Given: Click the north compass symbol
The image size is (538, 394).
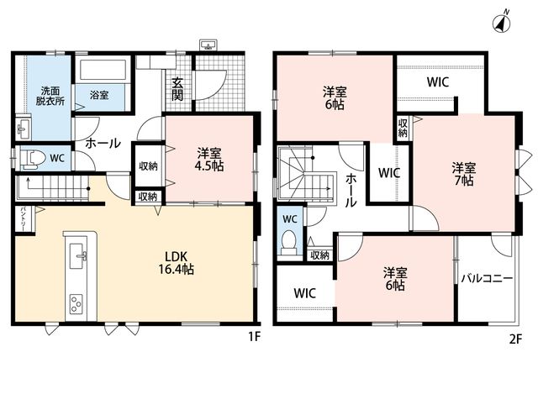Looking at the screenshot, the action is pyautogui.click(x=502, y=23).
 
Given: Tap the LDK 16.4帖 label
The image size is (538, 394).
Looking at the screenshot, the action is pyautogui.click(x=176, y=263).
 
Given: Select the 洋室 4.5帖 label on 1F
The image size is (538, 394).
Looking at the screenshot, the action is pyautogui.click(x=209, y=160).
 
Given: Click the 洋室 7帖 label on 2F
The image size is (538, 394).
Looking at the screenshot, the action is pyautogui.click(x=464, y=175).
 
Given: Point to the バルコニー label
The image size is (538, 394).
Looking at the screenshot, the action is pyautogui.click(x=487, y=278).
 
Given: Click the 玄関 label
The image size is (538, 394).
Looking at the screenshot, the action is pyautogui.click(x=177, y=89).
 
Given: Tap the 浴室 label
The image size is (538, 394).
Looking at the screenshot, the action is pyautogui.click(x=99, y=95).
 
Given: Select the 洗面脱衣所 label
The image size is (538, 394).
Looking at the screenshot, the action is pyautogui.click(x=50, y=96).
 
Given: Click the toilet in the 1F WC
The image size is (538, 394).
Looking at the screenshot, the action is pyautogui.click(x=34, y=159).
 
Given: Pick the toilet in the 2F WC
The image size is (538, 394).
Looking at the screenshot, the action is pyautogui.click(x=288, y=242).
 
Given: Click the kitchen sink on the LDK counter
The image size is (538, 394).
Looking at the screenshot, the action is pyautogui.click(x=78, y=255).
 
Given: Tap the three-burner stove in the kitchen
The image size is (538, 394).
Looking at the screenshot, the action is pyautogui.click(x=76, y=304).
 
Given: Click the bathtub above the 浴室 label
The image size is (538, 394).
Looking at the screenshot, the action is pyautogui.click(x=103, y=70).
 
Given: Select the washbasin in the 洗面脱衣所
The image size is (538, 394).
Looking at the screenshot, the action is pyautogui.click(x=23, y=129).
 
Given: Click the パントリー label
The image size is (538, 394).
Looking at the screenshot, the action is pyautogui.click(x=23, y=218).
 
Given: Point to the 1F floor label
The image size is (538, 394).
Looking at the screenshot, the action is pyautogui.click(x=255, y=338).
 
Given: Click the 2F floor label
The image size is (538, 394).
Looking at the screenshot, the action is pyautogui.click(x=515, y=339).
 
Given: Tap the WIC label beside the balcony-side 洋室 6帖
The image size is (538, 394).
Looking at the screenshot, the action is pyautogui.click(x=304, y=293).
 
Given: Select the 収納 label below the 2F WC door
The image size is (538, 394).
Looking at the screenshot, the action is pyautogui.click(x=319, y=255).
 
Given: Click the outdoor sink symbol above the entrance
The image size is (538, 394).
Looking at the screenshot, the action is pyautogui.click(x=208, y=45).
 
